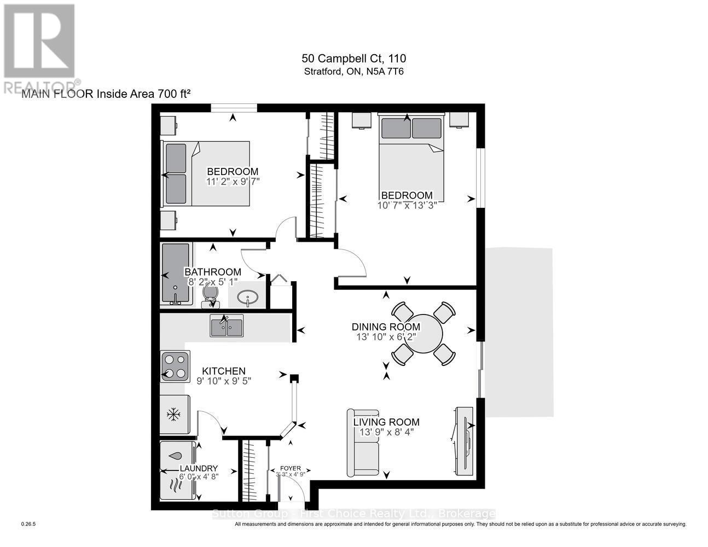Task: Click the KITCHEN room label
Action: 224,371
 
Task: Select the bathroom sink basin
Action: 249,299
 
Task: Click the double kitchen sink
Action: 227,327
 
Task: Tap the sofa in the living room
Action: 363,443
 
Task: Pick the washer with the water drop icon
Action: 177,456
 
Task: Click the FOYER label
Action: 290,468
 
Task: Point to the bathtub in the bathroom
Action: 175,274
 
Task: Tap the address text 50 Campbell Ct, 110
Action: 353,59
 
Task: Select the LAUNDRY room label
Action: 199,468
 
